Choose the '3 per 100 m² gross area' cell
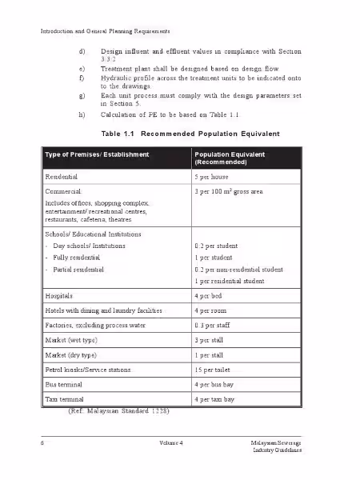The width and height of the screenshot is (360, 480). point(228,193)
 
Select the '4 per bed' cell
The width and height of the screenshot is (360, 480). point(210,295)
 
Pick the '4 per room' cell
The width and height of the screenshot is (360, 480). point(211,310)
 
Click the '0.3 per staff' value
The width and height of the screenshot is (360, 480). point(214,325)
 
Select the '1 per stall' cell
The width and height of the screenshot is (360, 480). point(210,355)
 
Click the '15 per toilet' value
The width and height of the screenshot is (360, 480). point(214,370)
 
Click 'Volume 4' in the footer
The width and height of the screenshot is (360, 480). point(171,442)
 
